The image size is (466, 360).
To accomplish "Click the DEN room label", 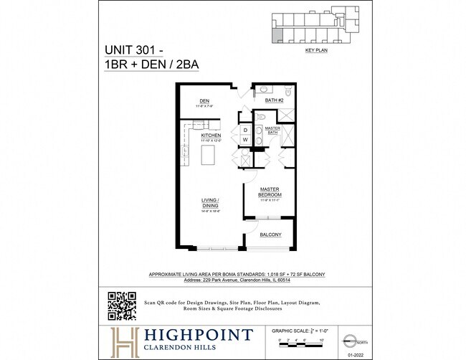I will coord(194,100).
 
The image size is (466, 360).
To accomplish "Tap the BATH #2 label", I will coord(275,100).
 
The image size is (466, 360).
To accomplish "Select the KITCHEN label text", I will coord(210,135).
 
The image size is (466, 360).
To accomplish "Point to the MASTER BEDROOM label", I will coord(270,192).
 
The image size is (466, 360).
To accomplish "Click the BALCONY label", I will coord(270,235).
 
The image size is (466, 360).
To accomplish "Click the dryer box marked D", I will coord(245,131).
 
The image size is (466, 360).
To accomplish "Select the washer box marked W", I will coord(245,139).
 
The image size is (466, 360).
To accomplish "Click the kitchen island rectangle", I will coord(209,154).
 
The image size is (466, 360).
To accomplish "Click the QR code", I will coord(122,306).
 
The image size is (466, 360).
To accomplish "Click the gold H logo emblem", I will coord(122,340).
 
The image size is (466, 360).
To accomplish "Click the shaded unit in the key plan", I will coord(277,37).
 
